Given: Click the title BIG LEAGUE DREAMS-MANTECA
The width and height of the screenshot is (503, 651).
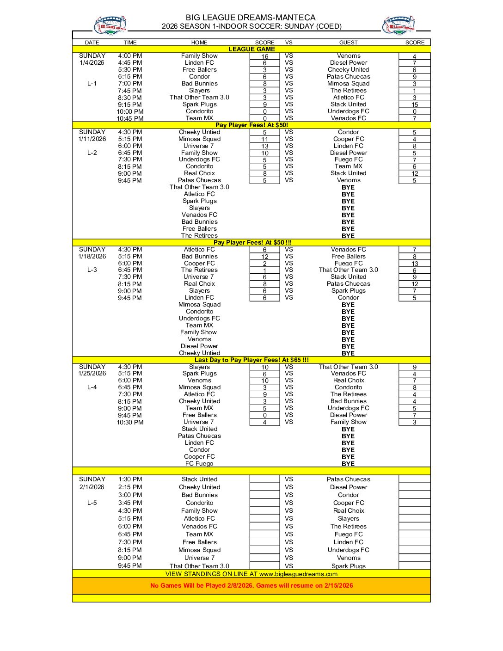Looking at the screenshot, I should (251, 18).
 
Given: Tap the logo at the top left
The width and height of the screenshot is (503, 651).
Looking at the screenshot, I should (110, 25).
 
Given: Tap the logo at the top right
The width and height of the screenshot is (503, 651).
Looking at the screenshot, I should (399, 25).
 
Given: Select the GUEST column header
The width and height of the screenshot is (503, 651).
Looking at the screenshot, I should (348, 43).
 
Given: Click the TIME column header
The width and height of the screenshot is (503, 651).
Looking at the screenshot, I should (130, 43).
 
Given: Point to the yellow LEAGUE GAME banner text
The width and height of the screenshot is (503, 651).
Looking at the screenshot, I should (251, 49).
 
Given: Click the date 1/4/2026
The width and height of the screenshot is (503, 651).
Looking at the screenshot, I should (92, 63).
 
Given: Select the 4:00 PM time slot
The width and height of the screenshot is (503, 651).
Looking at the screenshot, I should (130, 56).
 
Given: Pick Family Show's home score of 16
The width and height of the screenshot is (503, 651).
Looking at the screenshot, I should (264, 56).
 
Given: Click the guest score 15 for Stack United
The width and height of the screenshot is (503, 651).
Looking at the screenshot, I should (414, 105).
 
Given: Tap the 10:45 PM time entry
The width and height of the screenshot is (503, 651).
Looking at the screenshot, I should (130, 119).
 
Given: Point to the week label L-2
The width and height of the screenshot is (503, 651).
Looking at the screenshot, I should (92, 153).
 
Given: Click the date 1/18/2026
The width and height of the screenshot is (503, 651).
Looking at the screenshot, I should (92, 256).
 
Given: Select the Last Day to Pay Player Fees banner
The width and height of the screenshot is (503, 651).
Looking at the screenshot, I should (251, 360).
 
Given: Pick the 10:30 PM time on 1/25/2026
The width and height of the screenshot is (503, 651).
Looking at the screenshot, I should (130, 422).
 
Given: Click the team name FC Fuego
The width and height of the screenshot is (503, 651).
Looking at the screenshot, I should (199, 464).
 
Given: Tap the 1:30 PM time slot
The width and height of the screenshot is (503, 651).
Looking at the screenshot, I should (130, 479).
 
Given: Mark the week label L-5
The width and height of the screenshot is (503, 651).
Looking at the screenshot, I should (92, 503).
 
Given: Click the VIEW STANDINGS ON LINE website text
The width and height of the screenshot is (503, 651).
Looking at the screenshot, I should (251, 574).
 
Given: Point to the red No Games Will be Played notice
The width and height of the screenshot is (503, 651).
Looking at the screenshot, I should (251, 586).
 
